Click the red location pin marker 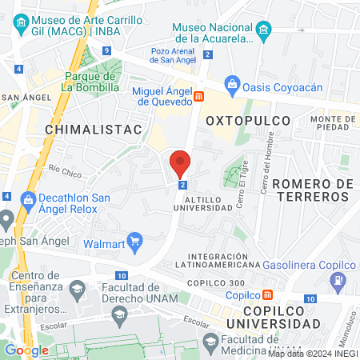point(180,163)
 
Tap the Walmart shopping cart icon point(134,239)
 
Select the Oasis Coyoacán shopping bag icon point(232,82)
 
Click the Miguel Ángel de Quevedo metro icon point(199,96)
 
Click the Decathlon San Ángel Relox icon point(28,198)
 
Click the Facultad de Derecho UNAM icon point(78,287)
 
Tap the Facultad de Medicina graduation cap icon point(210,343)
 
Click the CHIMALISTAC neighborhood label point(94,128)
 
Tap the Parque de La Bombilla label point(91,81)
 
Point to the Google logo point(26,350)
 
